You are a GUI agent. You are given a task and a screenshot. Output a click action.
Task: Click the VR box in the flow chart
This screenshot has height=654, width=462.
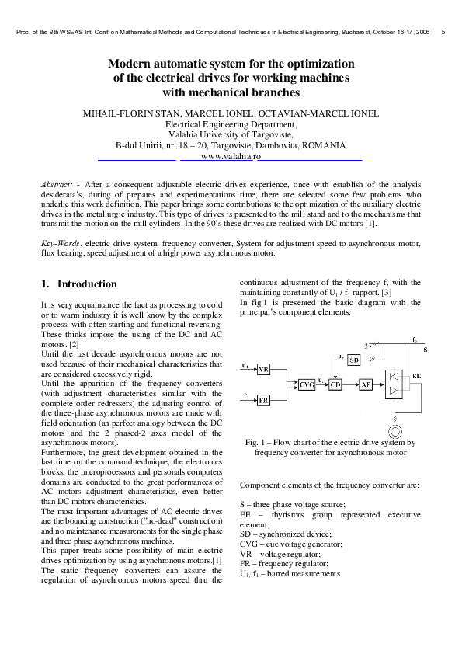coord(264,369)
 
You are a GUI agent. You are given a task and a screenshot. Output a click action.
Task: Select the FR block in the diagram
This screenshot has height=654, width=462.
coord(264,400)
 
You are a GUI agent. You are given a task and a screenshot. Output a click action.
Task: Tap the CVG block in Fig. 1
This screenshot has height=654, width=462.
coord(307,384)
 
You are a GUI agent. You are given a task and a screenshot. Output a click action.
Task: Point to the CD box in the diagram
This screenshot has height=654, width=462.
coord(335,384)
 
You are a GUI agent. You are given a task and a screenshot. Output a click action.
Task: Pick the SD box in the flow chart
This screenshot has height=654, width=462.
coord(353,360)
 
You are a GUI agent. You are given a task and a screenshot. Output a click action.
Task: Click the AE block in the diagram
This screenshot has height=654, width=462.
coord(366,384)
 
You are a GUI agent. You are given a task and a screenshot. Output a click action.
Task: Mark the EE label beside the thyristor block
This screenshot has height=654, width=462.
coord(417,376)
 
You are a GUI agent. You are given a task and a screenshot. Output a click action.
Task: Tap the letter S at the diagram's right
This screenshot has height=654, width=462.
coord(425,350)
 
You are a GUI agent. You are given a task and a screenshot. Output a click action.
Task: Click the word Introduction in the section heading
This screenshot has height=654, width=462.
coord(87,284)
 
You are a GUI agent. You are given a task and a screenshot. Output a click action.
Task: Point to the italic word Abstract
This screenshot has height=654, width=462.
coord(57,183)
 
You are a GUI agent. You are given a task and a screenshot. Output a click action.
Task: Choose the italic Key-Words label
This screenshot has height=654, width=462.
coord(61,243)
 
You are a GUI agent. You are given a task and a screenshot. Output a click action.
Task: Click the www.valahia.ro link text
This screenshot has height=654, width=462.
coord(231,156)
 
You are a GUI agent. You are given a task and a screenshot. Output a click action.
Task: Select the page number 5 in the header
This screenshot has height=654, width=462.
coord(443,33)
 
